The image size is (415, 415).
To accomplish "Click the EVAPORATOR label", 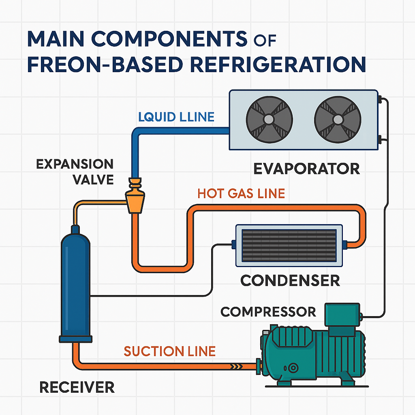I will [x=306, y=168].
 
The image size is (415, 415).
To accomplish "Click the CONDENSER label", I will [x=290, y=280].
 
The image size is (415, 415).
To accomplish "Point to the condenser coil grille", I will [x=289, y=246].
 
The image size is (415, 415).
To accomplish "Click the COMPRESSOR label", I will [x=268, y=312].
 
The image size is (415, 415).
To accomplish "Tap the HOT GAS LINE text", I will [x=241, y=193].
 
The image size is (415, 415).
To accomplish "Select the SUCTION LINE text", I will [x=169, y=351].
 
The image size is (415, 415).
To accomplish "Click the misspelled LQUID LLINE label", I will [x=176, y=117].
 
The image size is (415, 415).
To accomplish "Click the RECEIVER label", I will [x=77, y=387].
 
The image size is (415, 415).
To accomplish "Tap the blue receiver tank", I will [x=76, y=284].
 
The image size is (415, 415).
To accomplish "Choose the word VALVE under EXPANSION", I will [x=93, y=179].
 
